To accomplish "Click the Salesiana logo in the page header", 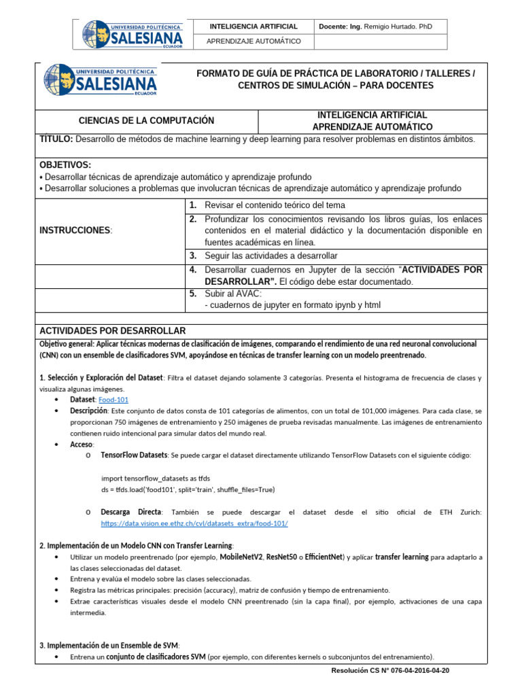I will point(133,35).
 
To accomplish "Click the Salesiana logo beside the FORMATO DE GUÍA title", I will point(100,80).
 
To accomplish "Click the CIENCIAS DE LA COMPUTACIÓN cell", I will point(146,121).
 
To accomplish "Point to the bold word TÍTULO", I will point(56,139).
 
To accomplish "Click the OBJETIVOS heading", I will point(65,165).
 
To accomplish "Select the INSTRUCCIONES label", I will point(75,231).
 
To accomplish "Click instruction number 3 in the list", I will point(193,256).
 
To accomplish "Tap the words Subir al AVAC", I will point(233,294).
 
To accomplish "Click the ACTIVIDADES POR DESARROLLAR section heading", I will point(112,330).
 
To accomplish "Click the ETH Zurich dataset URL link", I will point(194,523).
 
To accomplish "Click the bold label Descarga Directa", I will point(131,512).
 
